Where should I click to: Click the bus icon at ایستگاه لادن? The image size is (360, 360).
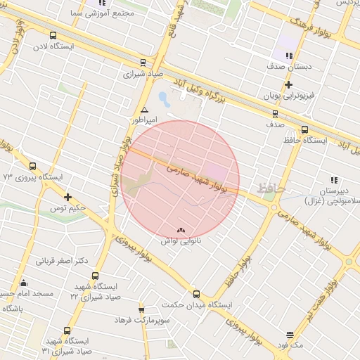[x=53, y=35]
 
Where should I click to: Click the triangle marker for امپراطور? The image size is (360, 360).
[x=144, y=110]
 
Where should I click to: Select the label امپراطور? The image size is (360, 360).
[x=144, y=121]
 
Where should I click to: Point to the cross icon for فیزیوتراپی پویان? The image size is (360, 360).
[x=289, y=84]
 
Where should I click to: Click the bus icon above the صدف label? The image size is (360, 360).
[x=274, y=113]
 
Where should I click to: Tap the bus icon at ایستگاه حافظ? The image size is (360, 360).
[x=304, y=129]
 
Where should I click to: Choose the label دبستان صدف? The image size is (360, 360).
[x=285, y=66]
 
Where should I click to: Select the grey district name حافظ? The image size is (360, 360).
[x=271, y=188]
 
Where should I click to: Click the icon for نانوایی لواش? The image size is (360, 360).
[x=181, y=230]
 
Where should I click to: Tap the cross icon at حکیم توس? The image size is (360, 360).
[x=67, y=197]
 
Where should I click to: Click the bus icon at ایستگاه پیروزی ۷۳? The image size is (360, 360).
[x=33, y=167]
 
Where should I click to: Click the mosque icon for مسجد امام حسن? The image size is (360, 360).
[x=23, y=283]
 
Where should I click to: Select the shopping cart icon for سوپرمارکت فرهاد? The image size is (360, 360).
[x=141, y=309]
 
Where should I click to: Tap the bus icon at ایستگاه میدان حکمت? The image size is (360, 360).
[x=196, y=294]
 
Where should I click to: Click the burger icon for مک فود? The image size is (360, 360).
[x=290, y=335]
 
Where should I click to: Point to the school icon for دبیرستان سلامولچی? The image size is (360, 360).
[x=333, y=180]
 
